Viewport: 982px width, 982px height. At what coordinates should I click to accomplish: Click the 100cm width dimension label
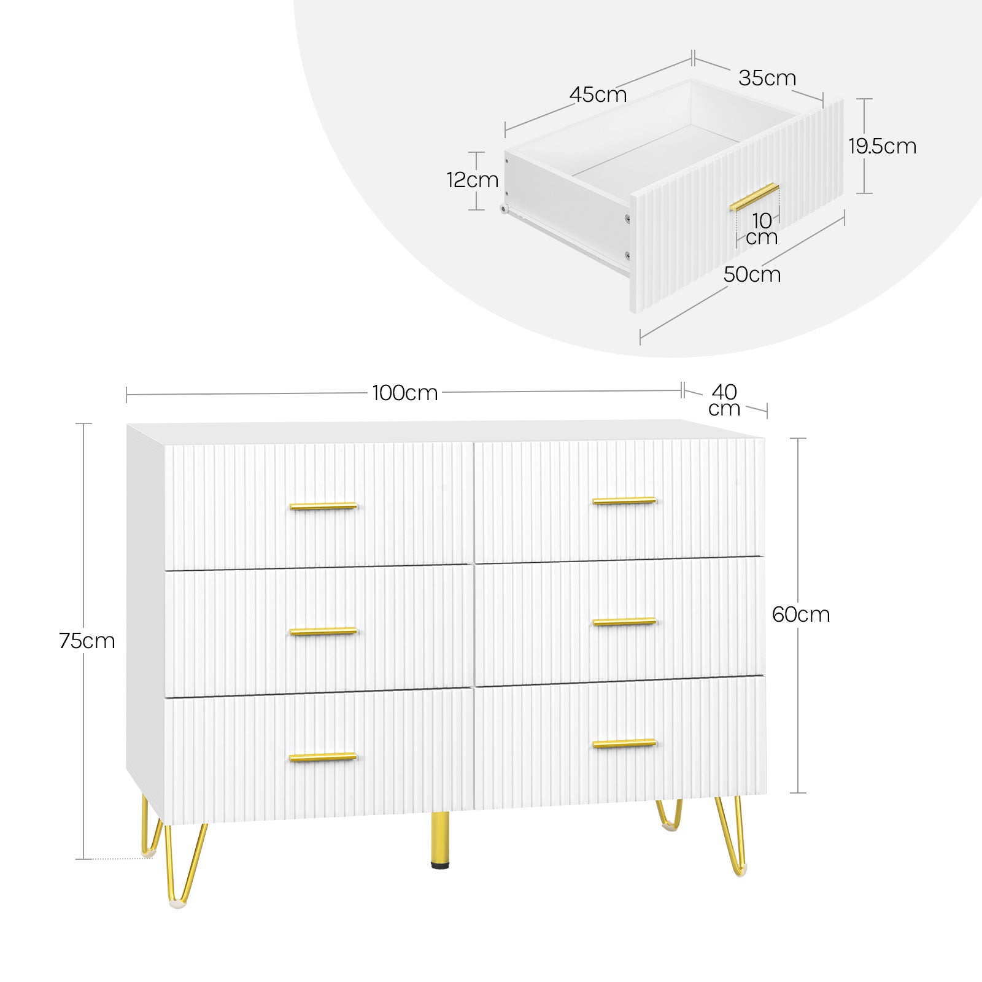[x=405, y=393]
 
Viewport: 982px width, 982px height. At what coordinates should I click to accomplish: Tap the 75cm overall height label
[x=87, y=641]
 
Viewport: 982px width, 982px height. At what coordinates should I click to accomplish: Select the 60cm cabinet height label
[x=801, y=614]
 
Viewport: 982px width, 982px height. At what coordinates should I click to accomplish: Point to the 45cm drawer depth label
[x=598, y=95]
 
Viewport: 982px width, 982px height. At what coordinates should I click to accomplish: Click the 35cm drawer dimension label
[x=767, y=78]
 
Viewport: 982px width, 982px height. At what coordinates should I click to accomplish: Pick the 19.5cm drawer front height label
[x=883, y=146]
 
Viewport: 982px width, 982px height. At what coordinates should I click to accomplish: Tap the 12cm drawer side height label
[x=473, y=180]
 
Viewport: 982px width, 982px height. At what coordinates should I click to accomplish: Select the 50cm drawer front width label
[x=752, y=274]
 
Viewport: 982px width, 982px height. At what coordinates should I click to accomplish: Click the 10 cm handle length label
[x=762, y=229]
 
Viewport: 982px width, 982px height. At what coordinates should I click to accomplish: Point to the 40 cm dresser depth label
[x=725, y=400]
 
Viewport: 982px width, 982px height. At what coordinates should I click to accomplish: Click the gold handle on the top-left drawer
[x=323, y=506]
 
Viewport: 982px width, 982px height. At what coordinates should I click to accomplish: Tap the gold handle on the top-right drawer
[x=624, y=501]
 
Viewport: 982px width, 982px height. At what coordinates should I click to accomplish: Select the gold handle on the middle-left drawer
[x=323, y=631]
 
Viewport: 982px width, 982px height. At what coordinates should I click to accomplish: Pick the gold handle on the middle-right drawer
[x=624, y=622]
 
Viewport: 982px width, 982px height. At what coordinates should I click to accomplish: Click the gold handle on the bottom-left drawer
[x=323, y=757]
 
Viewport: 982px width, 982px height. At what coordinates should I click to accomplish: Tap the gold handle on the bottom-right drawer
[x=624, y=744]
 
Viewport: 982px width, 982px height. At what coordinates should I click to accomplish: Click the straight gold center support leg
[x=439, y=840]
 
